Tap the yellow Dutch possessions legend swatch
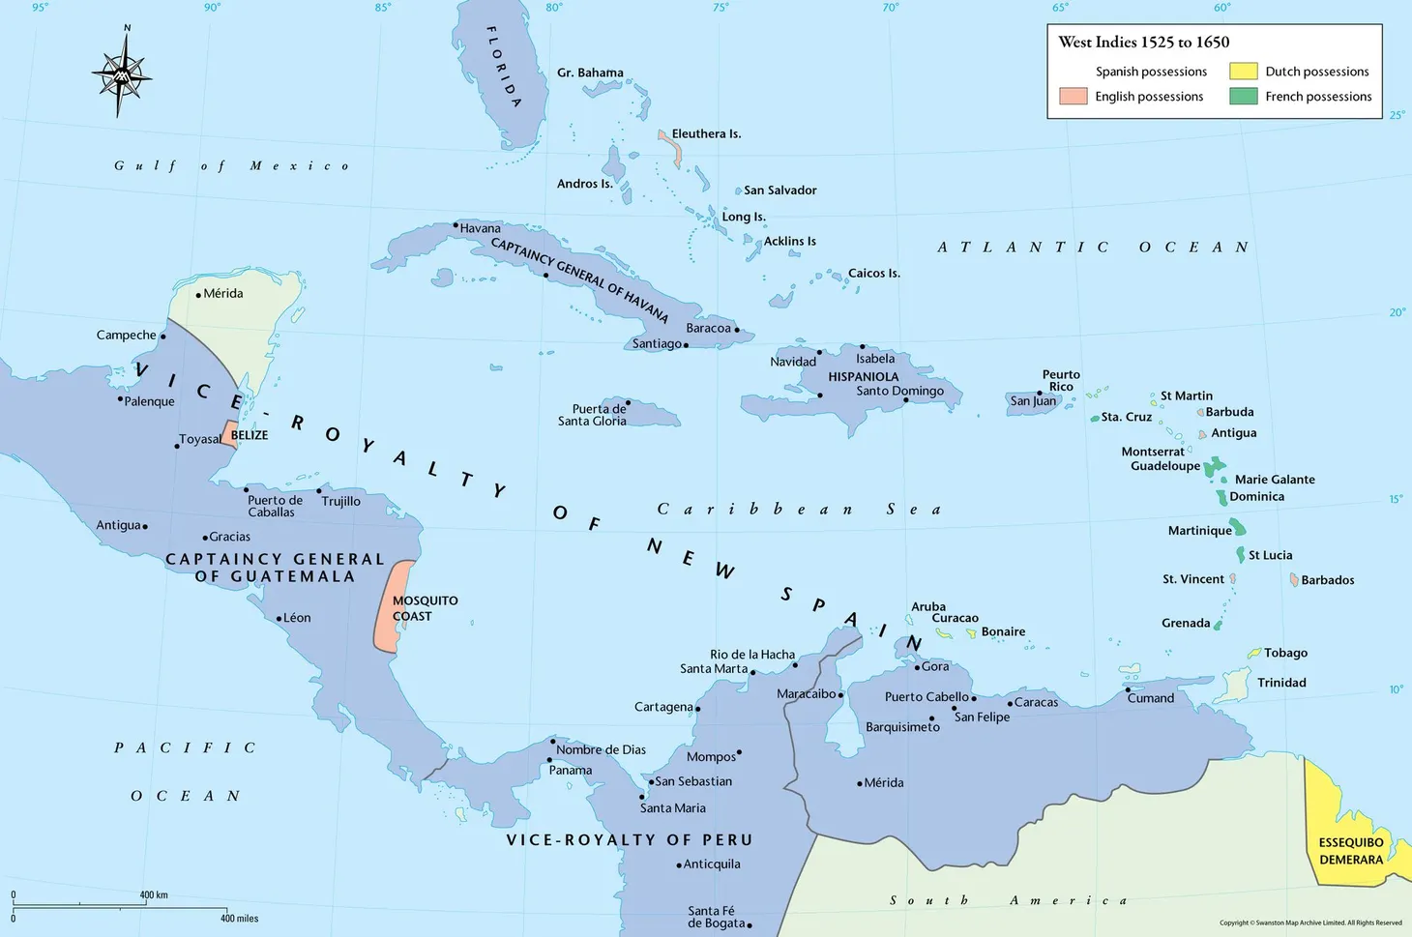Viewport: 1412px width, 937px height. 1243,72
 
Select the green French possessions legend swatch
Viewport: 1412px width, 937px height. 1243,97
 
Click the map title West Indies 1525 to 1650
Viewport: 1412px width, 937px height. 1143,43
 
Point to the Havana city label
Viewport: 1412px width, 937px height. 481,229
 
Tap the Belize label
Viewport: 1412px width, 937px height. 250,435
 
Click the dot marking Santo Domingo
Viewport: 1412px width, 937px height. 906,400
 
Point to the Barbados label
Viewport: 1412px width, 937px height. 1327,580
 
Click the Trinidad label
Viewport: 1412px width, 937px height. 1281,683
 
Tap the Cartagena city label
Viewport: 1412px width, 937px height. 663,707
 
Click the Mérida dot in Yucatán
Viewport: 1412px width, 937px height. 198,295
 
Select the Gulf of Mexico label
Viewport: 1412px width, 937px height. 232,166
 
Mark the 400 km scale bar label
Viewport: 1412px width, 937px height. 154,895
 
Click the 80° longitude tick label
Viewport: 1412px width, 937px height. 553,8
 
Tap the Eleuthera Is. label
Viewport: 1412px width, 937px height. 706,134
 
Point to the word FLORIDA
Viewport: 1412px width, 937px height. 504,67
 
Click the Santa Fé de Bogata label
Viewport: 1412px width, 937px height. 716,917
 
